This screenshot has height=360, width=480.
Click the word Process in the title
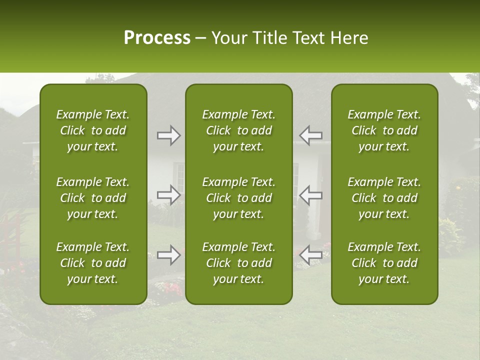tap(157, 38)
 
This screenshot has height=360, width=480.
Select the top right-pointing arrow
tap(168, 135)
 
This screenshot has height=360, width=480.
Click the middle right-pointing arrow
tap(168, 195)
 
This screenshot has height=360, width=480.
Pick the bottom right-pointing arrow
tap(168, 255)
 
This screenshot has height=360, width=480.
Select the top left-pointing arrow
tap(311, 135)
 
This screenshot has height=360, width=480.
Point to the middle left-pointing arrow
tap(311, 195)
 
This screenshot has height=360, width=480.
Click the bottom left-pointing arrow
tap(311, 255)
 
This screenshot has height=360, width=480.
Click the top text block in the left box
tap(93, 130)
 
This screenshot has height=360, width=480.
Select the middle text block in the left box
tap(93, 198)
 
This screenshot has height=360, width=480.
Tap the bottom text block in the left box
tap(93, 263)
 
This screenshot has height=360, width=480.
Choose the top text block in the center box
tap(238, 130)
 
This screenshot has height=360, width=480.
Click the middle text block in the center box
tap(238, 198)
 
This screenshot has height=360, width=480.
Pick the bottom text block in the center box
tap(238, 263)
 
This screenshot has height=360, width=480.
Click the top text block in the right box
tap(384, 130)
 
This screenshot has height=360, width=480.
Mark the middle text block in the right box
tap(384, 198)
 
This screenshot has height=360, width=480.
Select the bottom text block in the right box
tap(384, 263)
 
